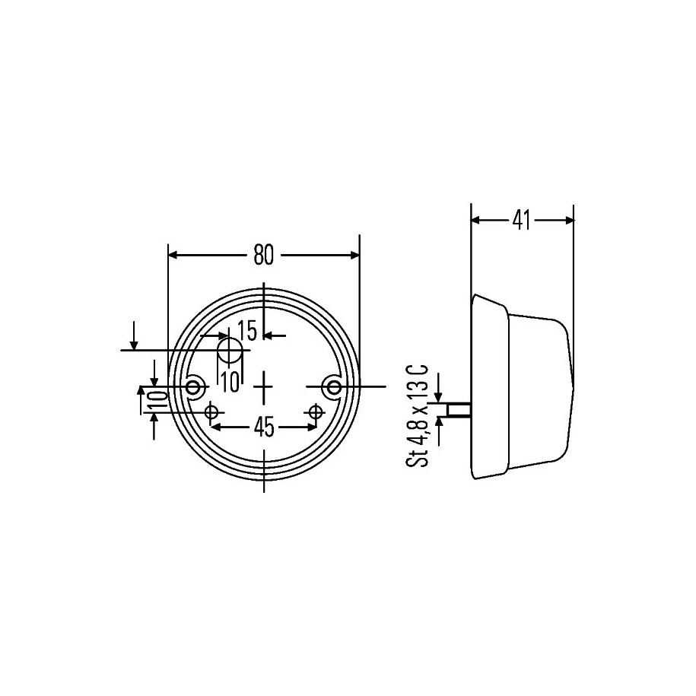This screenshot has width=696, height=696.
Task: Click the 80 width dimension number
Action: (264, 256)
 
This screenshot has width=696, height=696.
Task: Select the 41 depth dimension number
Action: (521, 220)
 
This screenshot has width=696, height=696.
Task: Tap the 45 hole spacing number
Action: (264, 428)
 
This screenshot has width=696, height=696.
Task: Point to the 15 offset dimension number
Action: (247, 331)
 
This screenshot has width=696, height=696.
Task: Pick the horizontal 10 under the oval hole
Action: (230, 382)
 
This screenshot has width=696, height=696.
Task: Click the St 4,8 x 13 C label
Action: (418, 416)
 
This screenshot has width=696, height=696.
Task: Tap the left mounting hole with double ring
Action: (193, 387)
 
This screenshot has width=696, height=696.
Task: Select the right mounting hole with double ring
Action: (334, 387)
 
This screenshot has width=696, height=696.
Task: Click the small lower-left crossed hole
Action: (211, 412)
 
